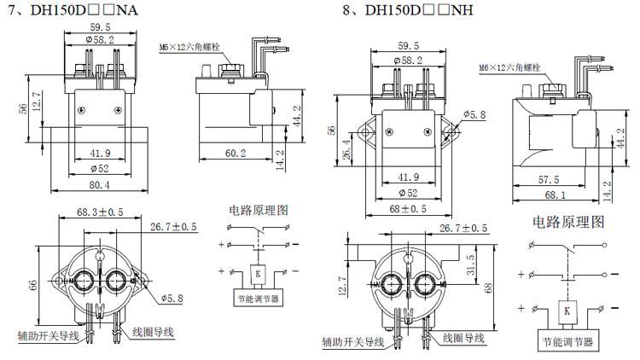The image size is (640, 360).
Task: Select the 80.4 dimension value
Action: coord(100,184)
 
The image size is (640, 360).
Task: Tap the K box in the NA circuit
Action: coord(257,273)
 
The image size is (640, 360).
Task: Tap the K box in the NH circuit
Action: coord(566,312)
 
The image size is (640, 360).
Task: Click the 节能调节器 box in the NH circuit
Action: coord(566,343)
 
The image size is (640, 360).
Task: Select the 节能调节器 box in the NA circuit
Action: coord(257,298)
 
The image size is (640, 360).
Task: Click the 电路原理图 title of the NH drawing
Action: coord(567,223)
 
